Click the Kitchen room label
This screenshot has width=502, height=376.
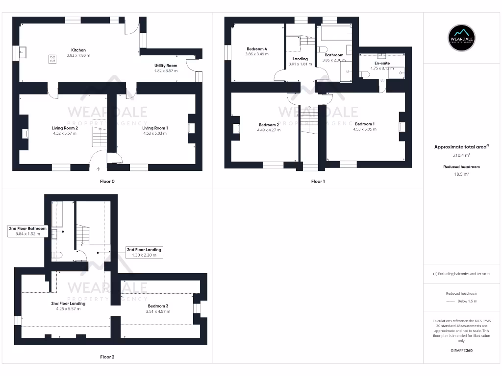coord(78,50)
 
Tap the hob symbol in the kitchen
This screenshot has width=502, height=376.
coord(52,59)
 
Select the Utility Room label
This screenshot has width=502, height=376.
coord(165,66)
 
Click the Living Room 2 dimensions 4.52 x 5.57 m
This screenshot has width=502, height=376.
coord(64,133)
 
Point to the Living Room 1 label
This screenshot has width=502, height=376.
coord(155,128)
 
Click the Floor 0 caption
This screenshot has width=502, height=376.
coord(107,181)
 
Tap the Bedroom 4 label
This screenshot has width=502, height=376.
coord(256,49)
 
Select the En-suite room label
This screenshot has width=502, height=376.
coord(382,63)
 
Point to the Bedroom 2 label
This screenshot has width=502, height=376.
coord(269,125)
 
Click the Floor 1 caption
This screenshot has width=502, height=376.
coord(318,181)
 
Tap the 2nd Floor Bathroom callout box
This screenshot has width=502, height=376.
coord(27,231)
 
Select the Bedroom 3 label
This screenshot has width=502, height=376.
coord(157,306)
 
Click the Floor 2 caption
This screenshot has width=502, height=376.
coord(107,357)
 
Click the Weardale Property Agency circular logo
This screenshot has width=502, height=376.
coord(462,37)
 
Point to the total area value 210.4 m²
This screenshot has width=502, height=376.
coord(462,155)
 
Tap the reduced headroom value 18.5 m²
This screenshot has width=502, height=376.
coord(462,174)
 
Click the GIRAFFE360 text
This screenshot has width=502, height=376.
coord(462,351)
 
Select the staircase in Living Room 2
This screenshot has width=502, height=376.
coord(100,133)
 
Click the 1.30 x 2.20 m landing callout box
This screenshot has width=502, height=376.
coord(144,252)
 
